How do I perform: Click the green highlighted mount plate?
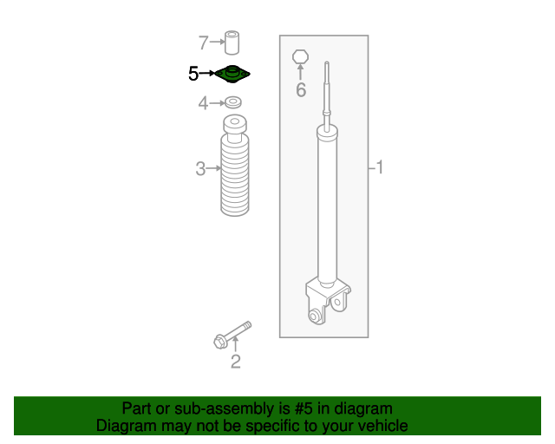click(232, 75)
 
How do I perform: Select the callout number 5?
click(193, 74)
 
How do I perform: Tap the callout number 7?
click(203, 42)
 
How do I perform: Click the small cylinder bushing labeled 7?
click(232, 42)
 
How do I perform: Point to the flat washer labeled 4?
click(233, 102)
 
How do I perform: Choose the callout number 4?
click(203, 103)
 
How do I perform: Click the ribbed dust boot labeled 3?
click(234, 166)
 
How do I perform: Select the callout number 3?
click(200, 168)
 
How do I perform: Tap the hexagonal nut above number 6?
click(301, 57)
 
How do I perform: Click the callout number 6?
click(301, 90)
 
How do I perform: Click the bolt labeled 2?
click(232, 335)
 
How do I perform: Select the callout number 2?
click(236, 362)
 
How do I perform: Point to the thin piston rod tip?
click(327, 64)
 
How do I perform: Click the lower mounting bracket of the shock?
click(328, 301)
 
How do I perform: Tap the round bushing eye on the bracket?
click(314, 315)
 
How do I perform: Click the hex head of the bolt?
click(220, 342)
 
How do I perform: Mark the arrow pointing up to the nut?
click(301, 72)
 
